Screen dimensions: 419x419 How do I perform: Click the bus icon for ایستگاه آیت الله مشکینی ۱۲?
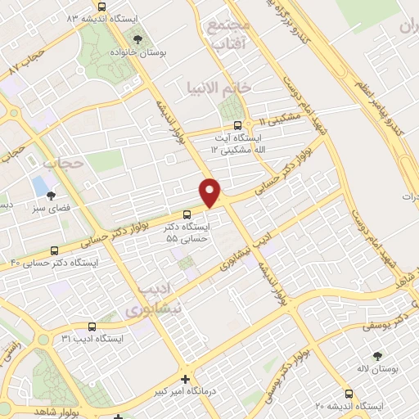click(x=237, y=126)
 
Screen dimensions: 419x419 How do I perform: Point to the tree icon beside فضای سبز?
click(x=52, y=195)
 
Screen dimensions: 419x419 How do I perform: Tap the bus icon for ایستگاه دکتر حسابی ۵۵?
click(x=186, y=214)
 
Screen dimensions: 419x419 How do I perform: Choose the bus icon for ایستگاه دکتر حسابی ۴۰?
click(x=54, y=251)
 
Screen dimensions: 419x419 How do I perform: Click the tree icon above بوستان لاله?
click(x=377, y=356)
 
